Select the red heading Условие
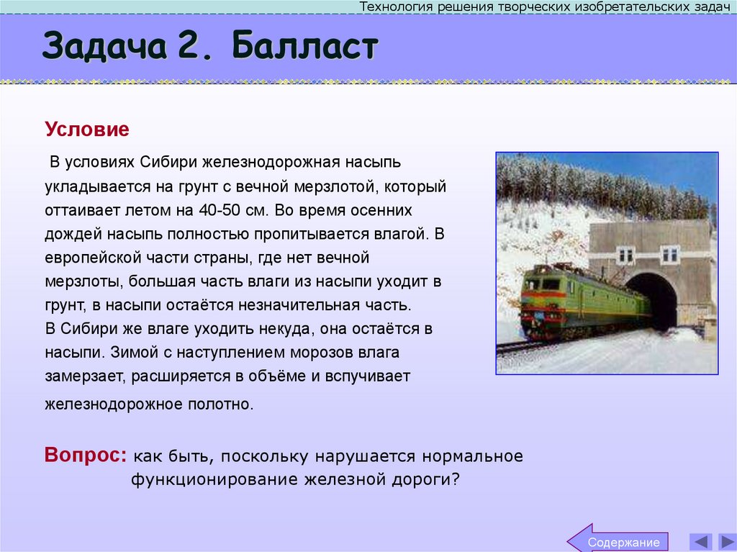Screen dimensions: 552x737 pos(87,130)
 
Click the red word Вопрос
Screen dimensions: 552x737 pos(85,456)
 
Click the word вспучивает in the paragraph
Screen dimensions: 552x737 pos(371,376)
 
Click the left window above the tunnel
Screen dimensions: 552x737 pos(625,254)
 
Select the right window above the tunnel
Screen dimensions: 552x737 pos(669,254)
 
